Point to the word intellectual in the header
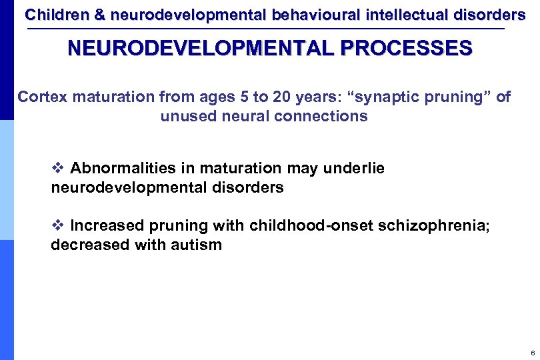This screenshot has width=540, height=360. [395, 15]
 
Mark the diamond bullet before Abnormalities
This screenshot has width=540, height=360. [57, 169]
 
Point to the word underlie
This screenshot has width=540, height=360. [354, 169]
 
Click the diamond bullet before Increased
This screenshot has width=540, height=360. [57, 225]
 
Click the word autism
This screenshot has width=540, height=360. [196, 245]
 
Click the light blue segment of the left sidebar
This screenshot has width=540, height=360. [7, 180]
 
